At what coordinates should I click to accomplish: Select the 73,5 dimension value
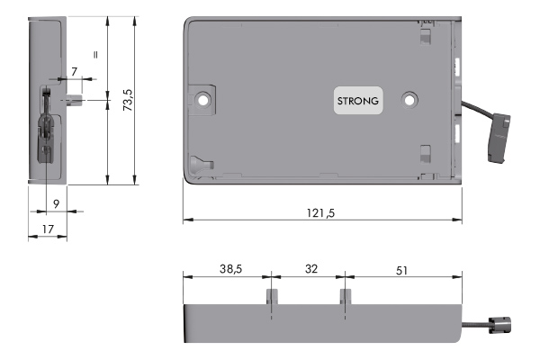130,100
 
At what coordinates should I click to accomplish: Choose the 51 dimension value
403,268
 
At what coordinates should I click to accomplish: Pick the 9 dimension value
56,204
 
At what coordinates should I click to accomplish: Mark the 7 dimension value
74,70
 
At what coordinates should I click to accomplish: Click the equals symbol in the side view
94,52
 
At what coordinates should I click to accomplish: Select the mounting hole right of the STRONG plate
411,98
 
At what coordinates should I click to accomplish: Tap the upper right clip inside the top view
426,39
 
